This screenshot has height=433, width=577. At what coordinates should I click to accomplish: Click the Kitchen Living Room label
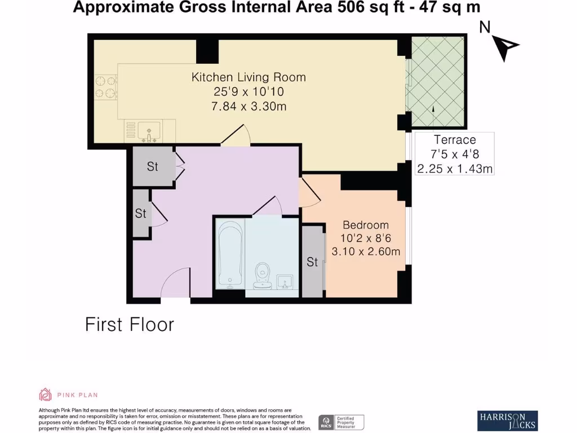tap(248, 77)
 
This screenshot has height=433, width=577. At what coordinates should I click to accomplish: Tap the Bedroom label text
tap(366, 225)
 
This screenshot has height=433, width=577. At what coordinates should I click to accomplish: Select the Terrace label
tap(454, 140)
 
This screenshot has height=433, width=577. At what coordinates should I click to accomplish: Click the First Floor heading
tap(130, 325)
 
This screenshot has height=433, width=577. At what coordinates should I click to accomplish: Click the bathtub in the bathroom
tap(230, 254)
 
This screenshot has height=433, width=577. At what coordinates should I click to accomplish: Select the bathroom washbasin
tap(285, 280)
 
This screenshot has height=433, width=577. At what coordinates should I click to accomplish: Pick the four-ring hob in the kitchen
tap(105, 88)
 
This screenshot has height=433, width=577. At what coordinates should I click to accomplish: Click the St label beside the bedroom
tap(312, 262)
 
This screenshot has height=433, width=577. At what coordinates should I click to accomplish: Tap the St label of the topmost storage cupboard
tap(153, 167)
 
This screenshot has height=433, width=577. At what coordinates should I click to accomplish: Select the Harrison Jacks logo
tap(507, 419)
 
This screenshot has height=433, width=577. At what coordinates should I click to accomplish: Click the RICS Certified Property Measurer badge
tap(341, 422)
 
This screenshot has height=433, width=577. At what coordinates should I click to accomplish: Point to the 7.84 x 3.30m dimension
tap(248, 106)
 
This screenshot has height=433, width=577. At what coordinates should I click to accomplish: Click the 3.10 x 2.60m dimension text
tap(366, 251)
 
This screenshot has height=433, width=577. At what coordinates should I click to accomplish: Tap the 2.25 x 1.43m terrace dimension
tap(454, 167)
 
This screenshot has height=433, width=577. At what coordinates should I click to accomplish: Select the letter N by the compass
tap(484, 27)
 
